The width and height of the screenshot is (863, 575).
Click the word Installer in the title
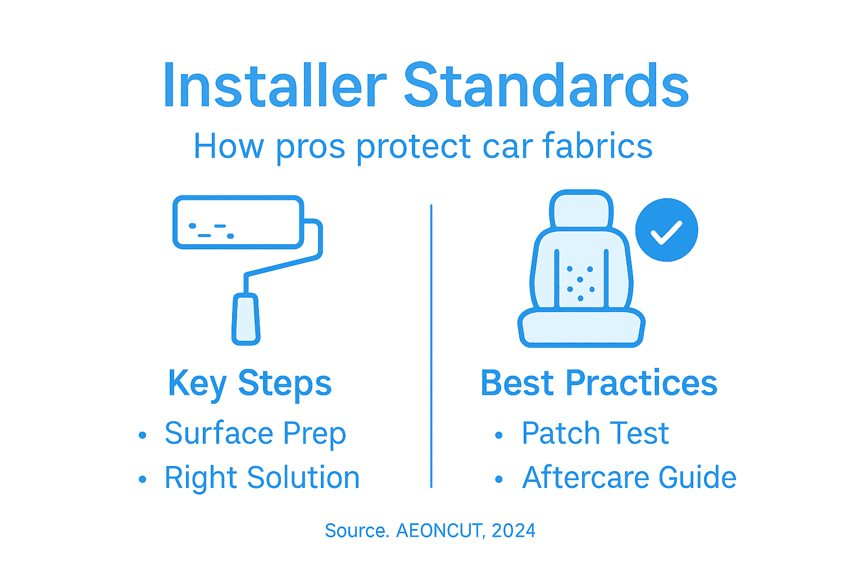click(274, 85)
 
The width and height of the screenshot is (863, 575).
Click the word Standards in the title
click(546, 85)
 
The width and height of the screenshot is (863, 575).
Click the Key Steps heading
click(250, 384)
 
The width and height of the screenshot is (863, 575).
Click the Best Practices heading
click(599, 383)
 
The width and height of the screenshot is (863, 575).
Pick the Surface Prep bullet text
click(255, 433)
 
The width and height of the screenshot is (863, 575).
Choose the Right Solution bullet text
click(262, 478)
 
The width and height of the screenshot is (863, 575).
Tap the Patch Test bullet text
click(595, 433)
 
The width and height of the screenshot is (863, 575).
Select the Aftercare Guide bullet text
click(629, 478)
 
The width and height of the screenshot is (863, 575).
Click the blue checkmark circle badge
click(666, 230)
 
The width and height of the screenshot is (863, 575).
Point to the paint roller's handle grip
click(246, 318)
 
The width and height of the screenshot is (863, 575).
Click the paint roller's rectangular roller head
click(238, 222)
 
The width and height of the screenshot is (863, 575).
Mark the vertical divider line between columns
click(431, 345)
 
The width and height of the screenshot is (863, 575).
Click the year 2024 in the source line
click(514, 531)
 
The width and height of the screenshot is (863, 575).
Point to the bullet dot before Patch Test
click(498, 435)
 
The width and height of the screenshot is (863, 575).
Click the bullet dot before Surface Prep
click(143, 435)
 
